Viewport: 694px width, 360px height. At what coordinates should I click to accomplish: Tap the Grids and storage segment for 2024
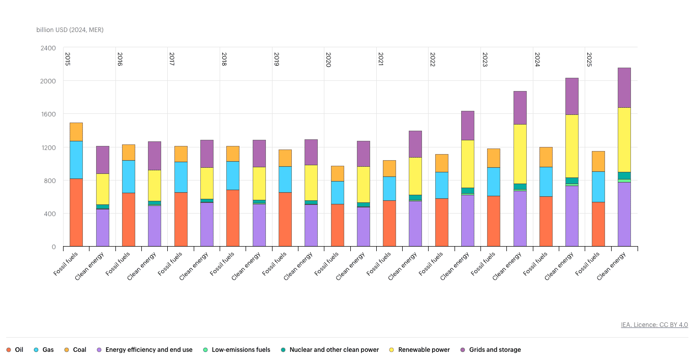click(x=572, y=96)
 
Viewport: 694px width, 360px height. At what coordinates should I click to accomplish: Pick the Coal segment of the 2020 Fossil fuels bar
click(x=337, y=173)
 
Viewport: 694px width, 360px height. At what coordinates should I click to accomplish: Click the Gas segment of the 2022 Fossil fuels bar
click(x=441, y=185)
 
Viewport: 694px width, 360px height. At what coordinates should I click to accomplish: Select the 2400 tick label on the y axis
click(x=48, y=48)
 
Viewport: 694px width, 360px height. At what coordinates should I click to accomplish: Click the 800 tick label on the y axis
click(x=50, y=181)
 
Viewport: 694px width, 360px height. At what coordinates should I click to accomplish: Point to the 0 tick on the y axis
click(x=53, y=247)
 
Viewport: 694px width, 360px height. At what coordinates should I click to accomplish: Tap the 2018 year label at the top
click(x=224, y=59)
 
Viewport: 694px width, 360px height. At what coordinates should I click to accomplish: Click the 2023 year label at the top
click(x=485, y=59)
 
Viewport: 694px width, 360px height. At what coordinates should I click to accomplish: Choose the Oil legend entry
click(x=15, y=350)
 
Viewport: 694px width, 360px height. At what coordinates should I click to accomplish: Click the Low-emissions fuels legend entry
click(x=236, y=350)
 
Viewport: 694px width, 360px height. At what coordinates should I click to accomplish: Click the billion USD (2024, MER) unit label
click(x=70, y=30)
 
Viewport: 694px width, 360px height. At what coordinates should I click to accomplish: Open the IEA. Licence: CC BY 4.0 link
click(x=654, y=325)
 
